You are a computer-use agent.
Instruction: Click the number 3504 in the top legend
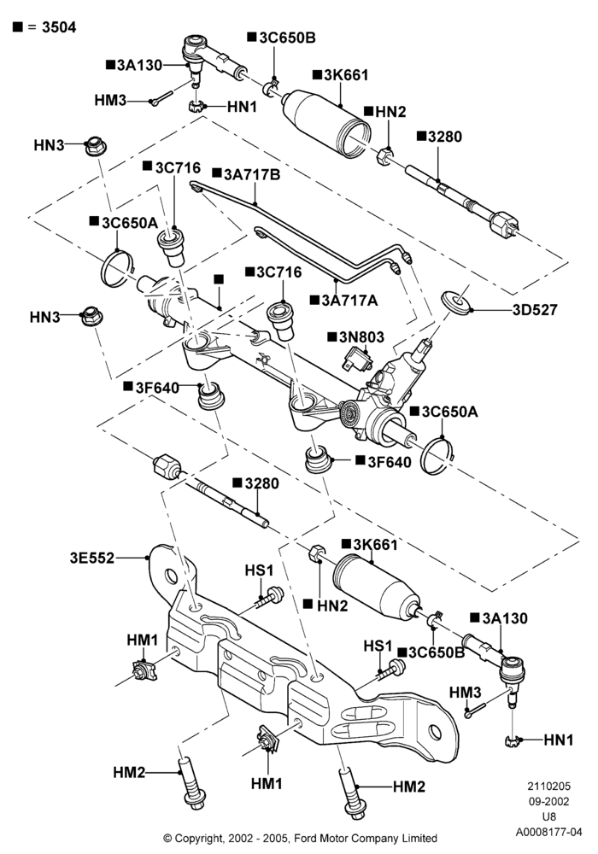point(59,26)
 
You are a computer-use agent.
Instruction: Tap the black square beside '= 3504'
point(17,26)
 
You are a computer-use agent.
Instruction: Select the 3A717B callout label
point(252,174)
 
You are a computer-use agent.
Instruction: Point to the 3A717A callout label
point(349,300)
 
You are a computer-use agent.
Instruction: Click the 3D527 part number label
point(535,310)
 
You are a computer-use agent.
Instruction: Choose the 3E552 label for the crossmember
point(92,558)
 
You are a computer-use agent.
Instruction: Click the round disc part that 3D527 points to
point(456,301)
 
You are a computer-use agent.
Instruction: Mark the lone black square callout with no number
point(219,279)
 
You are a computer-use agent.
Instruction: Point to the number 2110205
point(548,786)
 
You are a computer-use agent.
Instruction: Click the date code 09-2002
point(548,801)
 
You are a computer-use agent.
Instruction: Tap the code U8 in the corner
point(549,816)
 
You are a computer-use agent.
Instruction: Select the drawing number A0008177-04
point(549,832)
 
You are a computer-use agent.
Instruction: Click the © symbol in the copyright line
point(167,838)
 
